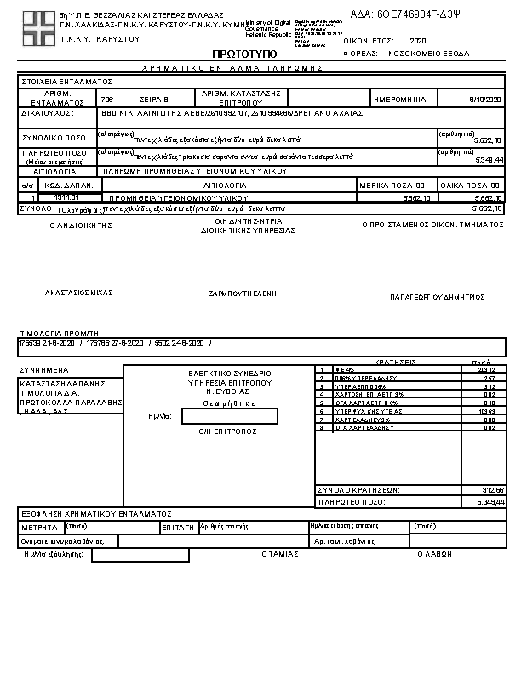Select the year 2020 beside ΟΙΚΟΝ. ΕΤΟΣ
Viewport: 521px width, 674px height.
(417, 40)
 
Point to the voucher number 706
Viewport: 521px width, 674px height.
(106, 100)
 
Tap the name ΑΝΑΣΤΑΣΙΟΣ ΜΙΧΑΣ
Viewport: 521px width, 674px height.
(79, 292)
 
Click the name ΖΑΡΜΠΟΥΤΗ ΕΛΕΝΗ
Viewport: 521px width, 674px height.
(243, 293)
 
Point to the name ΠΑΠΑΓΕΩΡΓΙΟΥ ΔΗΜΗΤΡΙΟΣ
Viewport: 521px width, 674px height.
(437, 297)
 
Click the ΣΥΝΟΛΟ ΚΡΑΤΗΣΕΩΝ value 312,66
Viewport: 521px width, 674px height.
(493, 490)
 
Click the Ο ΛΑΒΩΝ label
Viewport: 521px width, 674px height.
(434, 554)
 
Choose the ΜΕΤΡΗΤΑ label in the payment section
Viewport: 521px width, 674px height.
(39, 528)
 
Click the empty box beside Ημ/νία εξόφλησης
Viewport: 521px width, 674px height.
(140, 555)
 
